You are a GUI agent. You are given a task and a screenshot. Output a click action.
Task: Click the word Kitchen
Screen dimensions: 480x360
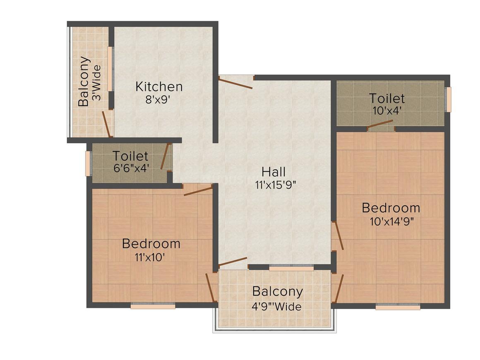(x=159, y=86)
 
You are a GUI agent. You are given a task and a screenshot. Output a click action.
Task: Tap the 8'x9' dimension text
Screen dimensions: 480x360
(x=157, y=100)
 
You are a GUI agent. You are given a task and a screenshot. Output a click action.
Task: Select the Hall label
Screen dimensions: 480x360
(x=274, y=172)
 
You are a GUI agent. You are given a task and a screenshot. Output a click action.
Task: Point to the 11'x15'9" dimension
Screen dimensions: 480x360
(x=276, y=185)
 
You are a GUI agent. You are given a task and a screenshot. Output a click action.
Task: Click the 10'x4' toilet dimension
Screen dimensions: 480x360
(x=386, y=110)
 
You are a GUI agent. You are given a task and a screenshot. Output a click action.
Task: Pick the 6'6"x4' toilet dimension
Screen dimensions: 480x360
(x=131, y=168)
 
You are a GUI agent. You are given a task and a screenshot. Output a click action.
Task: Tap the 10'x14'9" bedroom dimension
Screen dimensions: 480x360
(x=392, y=221)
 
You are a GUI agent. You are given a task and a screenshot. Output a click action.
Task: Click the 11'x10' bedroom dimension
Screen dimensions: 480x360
(x=150, y=257)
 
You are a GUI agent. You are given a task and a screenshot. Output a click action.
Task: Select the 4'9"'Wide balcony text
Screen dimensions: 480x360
(x=277, y=307)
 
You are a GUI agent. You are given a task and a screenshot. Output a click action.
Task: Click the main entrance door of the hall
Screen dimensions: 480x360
(x=236, y=83)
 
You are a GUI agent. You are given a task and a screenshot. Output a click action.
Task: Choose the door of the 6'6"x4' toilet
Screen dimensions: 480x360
(x=165, y=156)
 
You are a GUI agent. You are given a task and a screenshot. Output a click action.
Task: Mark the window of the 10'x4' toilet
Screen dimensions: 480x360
(x=449, y=99)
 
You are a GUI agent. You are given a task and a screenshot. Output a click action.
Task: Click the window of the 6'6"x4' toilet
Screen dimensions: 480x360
(x=88, y=163)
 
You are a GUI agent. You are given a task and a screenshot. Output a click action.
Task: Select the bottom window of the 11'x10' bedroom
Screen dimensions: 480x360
(x=153, y=305)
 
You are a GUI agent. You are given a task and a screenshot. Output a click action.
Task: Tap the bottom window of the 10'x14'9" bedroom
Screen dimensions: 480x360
(x=398, y=306)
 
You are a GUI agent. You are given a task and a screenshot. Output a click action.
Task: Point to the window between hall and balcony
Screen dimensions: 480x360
(x=291, y=268)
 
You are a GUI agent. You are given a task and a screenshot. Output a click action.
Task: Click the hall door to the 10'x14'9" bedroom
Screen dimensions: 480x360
(x=339, y=235)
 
